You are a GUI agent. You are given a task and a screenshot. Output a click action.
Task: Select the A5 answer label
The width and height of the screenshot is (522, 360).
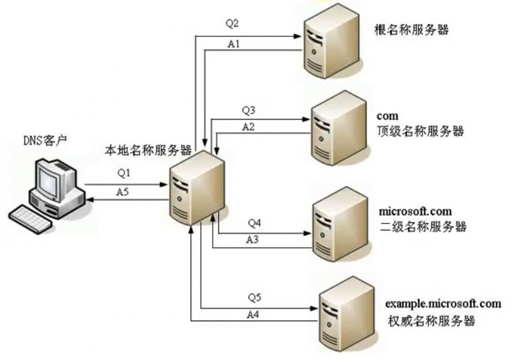(x=122, y=192)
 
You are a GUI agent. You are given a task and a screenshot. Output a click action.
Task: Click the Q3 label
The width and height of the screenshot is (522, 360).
(x=248, y=110)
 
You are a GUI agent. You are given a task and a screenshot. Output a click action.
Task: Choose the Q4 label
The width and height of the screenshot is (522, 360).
(x=254, y=224)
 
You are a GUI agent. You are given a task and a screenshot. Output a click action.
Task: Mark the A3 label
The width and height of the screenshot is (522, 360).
(x=254, y=239)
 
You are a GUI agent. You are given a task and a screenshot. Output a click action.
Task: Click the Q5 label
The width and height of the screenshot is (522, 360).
(x=254, y=297)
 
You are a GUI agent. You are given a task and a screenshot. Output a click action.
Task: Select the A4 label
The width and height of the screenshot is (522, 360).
(x=254, y=314)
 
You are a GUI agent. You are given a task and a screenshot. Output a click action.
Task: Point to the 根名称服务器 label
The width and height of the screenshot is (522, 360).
(x=411, y=30)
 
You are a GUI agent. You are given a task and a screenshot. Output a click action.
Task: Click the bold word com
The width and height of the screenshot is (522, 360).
(x=387, y=115)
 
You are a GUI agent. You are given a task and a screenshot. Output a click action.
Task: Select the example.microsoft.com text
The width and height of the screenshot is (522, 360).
(x=443, y=304)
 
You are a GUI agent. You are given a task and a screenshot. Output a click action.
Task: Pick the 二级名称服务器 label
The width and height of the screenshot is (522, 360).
(x=422, y=226)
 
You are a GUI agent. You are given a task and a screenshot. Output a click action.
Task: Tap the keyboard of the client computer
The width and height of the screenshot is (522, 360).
(x=32, y=217)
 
